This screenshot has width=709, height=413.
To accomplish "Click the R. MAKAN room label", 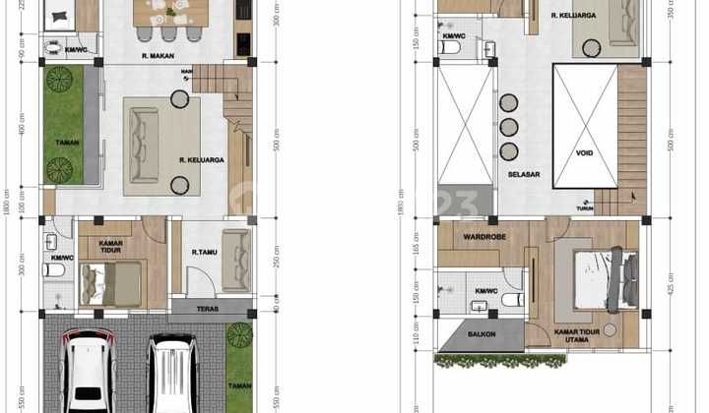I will [158, 56].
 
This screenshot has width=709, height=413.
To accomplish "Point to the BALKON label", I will [482, 335].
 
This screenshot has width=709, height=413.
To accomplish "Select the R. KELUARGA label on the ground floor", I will [202, 158].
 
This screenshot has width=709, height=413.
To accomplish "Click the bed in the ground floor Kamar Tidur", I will [110, 282].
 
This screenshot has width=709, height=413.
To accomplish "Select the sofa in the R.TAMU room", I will [236, 259].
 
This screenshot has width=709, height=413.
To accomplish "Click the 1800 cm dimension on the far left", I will [7, 206].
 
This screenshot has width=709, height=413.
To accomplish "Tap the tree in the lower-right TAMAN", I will [239, 335].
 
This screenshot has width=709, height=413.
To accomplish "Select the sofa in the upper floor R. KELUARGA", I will [622, 22].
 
